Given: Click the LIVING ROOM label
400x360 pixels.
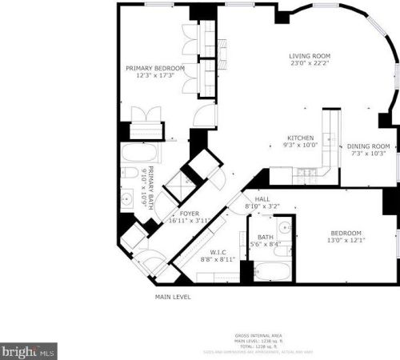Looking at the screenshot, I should pos(311,56).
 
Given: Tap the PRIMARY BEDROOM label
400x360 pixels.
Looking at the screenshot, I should pos(155,69).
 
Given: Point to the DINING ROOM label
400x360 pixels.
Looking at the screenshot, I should pos(368,146).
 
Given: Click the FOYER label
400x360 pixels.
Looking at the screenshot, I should pos(189,214).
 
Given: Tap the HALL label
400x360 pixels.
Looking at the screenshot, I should pos(262,199).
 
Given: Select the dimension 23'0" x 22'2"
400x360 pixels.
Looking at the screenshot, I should pos(311,64).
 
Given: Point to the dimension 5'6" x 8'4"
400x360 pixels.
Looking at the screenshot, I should pos(266,244).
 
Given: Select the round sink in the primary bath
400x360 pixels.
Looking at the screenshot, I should pos(127,198).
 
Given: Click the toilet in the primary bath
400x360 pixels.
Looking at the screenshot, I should pos(130,173).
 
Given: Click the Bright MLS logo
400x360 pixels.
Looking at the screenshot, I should pos(29,350).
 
